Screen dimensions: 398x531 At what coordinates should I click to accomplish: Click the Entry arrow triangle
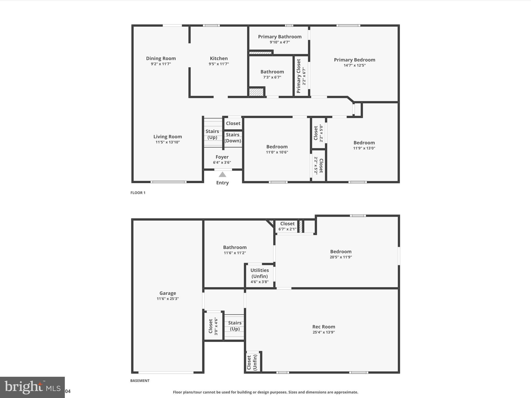pyautogui.click(x=222, y=174)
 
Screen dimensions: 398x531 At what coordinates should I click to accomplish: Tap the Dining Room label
pyautogui.click(x=161, y=58)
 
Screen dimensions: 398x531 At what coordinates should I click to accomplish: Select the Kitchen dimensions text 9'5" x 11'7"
pyautogui.click(x=219, y=64)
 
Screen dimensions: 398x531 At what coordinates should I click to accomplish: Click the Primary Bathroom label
pyautogui.click(x=280, y=37)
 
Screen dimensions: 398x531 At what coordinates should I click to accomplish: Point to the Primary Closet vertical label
pyautogui.click(x=298, y=76)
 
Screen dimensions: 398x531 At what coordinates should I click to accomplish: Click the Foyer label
pyautogui.click(x=222, y=157)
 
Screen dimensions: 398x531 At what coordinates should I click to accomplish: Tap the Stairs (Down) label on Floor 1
pyautogui.click(x=233, y=138)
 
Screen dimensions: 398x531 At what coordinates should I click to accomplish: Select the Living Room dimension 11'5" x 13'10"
pyautogui.click(x=167, y=142)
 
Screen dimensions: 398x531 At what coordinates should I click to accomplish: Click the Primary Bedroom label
pyautogui.click(x=354, y=60)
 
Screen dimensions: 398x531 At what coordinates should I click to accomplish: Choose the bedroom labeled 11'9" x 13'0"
pyautogui.click(x=364, y=145)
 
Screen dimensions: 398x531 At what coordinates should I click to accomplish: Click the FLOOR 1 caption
pyautogui.click(x=138, y=193)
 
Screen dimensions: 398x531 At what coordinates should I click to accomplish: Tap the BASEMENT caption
pyautogui.click(x=140, y=381)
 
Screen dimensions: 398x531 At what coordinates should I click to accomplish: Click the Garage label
pyautogui.click(x=167, y=293)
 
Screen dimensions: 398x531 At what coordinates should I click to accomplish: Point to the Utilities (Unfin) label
pyautogui.click(x=260, y=273)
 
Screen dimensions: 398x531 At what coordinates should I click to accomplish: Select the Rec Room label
pyautogui.click(x=324, y=327)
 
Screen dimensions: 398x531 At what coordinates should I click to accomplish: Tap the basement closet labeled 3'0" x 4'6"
pyautogui.click(x=213, y=326)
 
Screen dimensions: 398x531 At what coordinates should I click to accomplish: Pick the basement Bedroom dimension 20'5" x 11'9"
pyautogui.click(x=341, y=257)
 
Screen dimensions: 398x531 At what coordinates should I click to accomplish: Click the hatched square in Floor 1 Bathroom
pyautogui.click(x=256, y=92)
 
